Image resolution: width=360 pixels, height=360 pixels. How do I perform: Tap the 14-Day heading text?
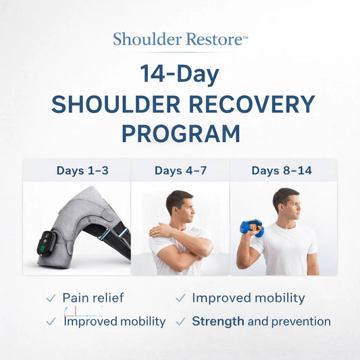pyautogui.click(x=180, y=73)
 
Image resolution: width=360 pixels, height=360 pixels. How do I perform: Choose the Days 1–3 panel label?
pyautogui.click(x=76, y=170)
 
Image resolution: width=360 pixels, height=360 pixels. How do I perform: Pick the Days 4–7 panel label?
pyautogui.click(x=180, y=170)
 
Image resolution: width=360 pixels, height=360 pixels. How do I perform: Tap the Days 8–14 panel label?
pyautogui.click(x=282, y=170)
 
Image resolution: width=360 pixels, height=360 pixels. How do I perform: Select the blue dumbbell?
pyautogui.click(x=251, y=228)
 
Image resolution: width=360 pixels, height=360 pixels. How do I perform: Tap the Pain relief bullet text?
pyautogui.click(x=93, y=298)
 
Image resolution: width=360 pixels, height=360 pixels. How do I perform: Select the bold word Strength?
pyautogui.click(x=217, y=322)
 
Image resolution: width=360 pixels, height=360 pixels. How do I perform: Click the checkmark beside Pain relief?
pyautogui.click(x=51, y=298)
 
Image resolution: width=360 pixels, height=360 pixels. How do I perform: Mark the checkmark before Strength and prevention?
pyautogui.click(x=180, y=322)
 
